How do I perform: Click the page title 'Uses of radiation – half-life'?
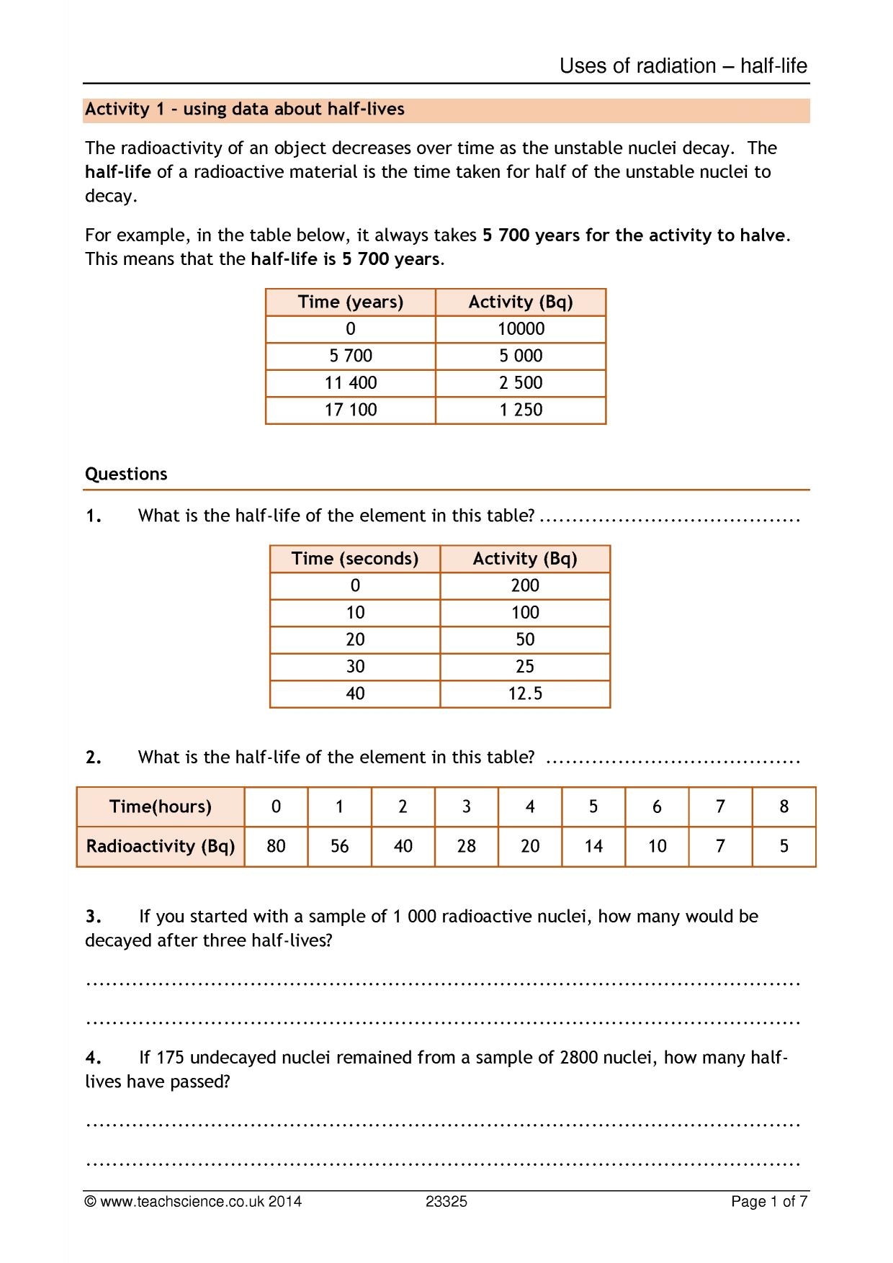683,66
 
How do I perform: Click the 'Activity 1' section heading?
244,109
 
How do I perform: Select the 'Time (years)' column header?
351,302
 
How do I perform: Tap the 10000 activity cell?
521,329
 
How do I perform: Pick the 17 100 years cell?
351,410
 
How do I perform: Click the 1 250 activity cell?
521,410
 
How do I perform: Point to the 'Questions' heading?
126,474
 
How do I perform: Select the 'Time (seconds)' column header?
355,559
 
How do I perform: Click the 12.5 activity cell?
525,693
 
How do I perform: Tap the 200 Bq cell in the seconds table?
525,585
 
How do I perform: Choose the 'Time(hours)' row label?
161,806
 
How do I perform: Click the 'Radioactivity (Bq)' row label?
161,846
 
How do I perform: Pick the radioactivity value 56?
339,846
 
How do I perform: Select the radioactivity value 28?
466,846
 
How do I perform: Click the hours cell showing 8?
784,806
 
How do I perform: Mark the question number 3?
93,917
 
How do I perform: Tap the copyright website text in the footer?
193,1202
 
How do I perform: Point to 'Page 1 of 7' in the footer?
768,1202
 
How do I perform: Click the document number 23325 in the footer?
446,1202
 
